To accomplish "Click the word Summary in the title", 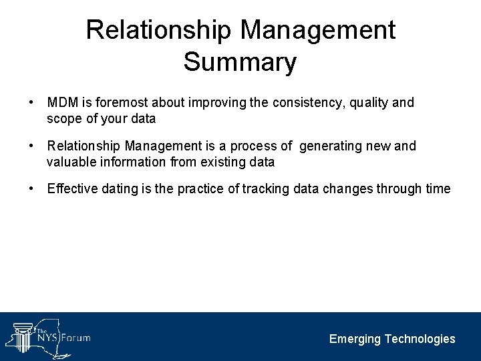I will (240, 62).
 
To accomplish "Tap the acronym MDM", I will (62, 102).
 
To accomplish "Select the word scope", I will (63, 119).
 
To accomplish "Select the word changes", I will (348, 189).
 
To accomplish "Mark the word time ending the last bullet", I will (438, 189).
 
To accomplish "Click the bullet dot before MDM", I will (31, 102).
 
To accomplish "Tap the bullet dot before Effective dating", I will (31, 189).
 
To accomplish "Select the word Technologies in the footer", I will (421, 339).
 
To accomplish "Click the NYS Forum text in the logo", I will (63, 338).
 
